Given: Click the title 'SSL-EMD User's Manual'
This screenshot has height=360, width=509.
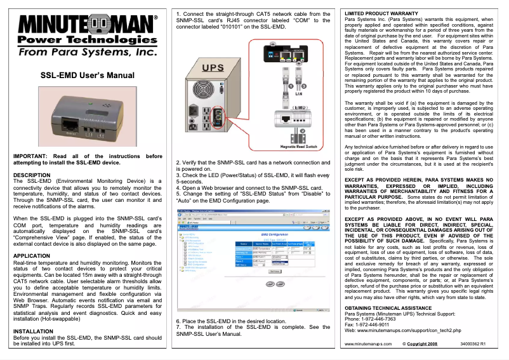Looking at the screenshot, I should pyautogui.click(x=87, y=76).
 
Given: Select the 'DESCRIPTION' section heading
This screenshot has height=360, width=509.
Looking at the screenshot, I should pyautogui.click(x=32, y=175).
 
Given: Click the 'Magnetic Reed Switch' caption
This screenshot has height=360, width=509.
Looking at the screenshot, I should pyautogui.click(x=298, y=147).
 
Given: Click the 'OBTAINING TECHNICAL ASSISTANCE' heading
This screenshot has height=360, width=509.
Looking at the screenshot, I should pyautogui.click(x=389, y=308).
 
